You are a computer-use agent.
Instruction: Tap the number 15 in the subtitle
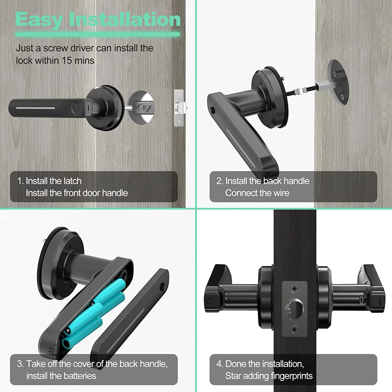click(x=67, y=61)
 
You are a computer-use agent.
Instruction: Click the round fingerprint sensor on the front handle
click(x=76, y=108)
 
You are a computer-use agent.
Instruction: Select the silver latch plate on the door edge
click(x=179, y=108)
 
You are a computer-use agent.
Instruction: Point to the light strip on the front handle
click(x=36, y=108)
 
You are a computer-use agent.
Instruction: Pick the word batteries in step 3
click(x=79, y=376)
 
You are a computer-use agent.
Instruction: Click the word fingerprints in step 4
click(x=292, y=376)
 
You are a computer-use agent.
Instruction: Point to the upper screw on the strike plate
click(x=295, y=289)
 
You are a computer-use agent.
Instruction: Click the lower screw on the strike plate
click(x=295, y=329)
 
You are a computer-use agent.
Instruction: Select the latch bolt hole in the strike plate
click(x=295, y=309)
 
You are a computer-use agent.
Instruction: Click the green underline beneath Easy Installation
click(x=98, y=34)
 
